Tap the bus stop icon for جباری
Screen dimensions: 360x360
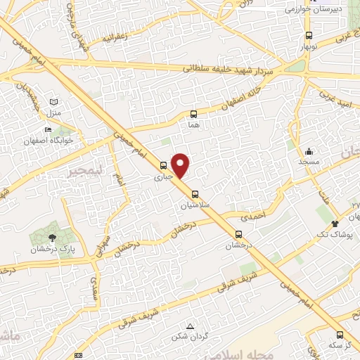[x=164, y=166]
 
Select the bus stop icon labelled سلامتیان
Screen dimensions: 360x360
[x=195, y=194]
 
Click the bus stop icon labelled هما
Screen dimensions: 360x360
[x=194, y=113]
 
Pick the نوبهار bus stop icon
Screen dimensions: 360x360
[x=309, y=36]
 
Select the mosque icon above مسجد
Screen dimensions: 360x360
[x=308, y=151]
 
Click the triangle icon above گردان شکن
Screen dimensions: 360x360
[x=190, y=326]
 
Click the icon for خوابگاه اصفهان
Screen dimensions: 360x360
[x=48, y=129]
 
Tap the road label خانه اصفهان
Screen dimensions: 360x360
[x=239, y=98]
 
